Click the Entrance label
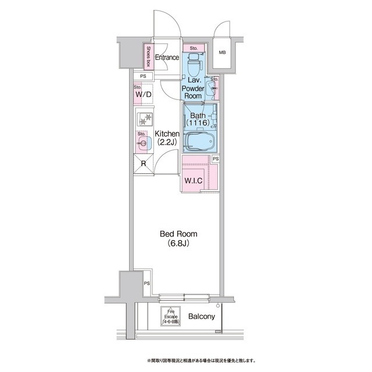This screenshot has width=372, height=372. pyautogui.click(x=167, y=57)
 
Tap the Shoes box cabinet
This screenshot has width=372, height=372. pyautogui.click(x=149, y=56)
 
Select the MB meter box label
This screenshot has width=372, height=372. pyautogui.click(x=222, y=52)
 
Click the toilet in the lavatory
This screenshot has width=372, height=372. pyautogui.click(x=194, y=63)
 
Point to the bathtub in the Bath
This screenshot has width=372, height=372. pyautogui.click(x=200, y=142)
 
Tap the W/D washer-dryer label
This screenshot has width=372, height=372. pyautogui.click(x=144, y=94)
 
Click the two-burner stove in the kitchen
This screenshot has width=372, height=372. pyautogui.click(x=145, y=119)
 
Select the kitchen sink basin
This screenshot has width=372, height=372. pyautogui.click(x=144, y=143)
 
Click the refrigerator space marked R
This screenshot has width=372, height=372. pyautogui.click(x=144, y=164)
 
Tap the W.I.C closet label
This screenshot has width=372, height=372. pyautogui.click(x=193, y=181)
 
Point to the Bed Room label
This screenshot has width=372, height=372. pyautogui.click(x=178, y=234)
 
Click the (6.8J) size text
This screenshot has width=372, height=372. pyautogui.click(x=178, y=243)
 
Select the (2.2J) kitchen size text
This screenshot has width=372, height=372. pyautogui.click(x=167, y=142)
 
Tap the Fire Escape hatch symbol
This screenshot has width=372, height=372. pyautogui.click(x=170, y=316)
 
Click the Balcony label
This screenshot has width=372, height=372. pyautogui.click(x=202, y=316)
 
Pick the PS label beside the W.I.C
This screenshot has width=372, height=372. pyautogui.click(x=216, y=159)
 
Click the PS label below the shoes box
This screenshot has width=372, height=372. pyautogui.click(x=143, y=76)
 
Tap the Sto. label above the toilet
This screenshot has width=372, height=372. pyautogui.click(x=194, y=48)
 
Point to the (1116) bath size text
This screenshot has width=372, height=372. pyautogui.click(x=198, y=123)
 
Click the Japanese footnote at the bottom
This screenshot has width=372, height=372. pyautogui.click(x=201, y=361)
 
